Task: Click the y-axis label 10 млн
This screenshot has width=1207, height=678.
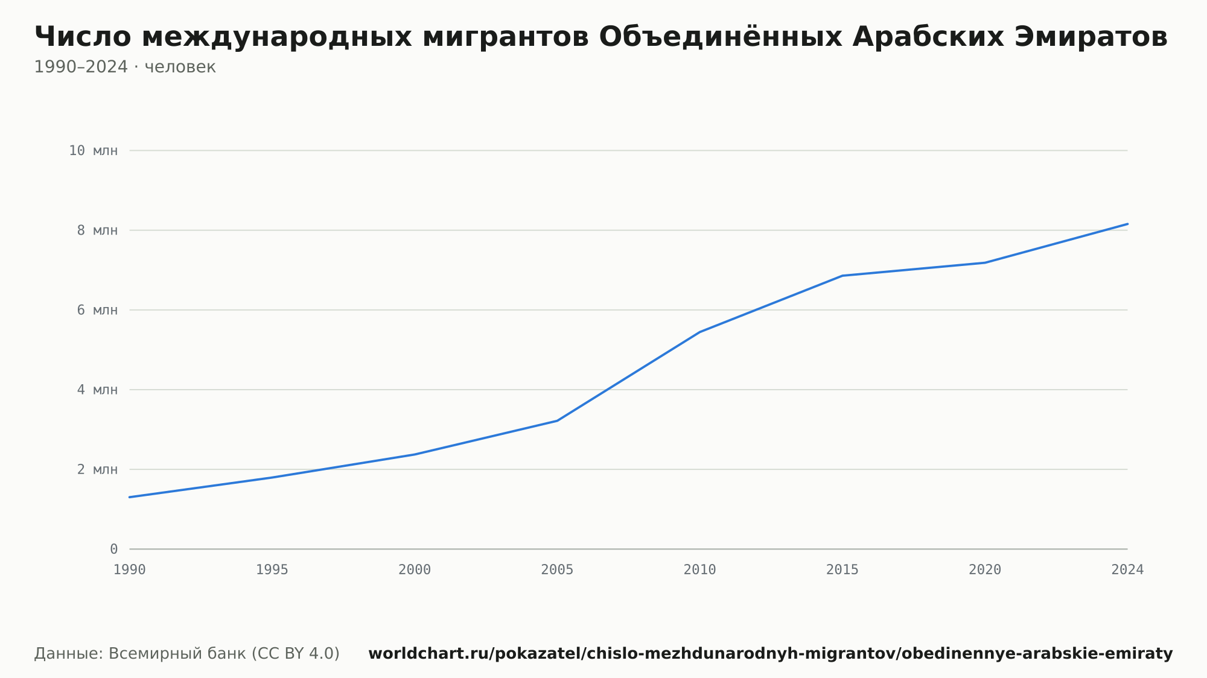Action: point(93,151)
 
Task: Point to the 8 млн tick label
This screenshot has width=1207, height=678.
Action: point(97,230)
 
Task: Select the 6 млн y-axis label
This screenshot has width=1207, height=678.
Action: point(97,310)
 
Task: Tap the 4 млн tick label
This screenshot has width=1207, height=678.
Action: point(97,390)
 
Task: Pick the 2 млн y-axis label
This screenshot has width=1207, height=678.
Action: point(97,469)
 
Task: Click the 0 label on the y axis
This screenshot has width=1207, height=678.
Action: point(113,549)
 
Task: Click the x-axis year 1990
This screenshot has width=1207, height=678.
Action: point(130,570)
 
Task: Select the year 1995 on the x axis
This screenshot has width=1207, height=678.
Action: point(272,570)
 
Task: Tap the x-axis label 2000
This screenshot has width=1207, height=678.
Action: point(415,570)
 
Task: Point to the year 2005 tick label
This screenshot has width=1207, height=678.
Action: point(557,570)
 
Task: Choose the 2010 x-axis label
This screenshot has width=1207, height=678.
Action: point(699,570)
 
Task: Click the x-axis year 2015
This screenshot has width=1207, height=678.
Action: point(842,570)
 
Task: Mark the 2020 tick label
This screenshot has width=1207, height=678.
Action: point(985,570)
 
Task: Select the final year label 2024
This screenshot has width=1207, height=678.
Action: point(1127,570)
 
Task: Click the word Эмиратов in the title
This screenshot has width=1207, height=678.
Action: point(1091,37)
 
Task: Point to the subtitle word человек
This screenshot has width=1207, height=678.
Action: point(180,67)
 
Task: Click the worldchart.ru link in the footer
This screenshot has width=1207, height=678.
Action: point(771,653)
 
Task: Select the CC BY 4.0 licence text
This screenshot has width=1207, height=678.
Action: point(295,653)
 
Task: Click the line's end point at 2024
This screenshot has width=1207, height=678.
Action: point(1127,224)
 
